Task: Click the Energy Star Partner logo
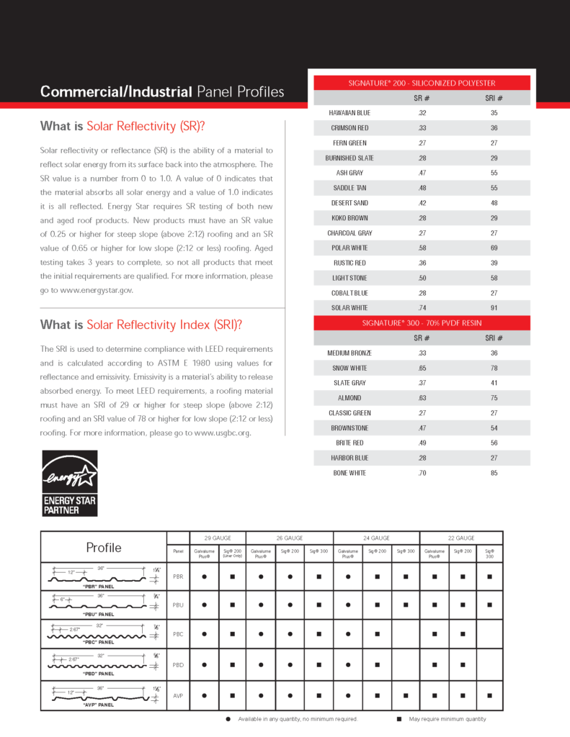coord(69,483)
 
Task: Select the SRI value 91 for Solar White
coord(494,308)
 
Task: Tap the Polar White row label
coord(350,248)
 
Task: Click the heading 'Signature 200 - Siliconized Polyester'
coord(422,83)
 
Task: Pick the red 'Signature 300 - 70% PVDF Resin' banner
coord(422,323)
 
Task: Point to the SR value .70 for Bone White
coord(422,474)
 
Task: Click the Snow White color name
coord(350,368)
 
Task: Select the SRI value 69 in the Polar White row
coord(494,248)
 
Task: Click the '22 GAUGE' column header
coord(461,538)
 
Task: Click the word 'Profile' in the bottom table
coord(104,548)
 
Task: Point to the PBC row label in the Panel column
coord(178,635)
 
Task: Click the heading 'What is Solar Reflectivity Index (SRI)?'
coord(141,325)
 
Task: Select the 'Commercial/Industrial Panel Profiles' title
coord(162,92)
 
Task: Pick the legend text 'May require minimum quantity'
coord(447,719)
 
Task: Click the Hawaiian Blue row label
coord(350,113)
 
